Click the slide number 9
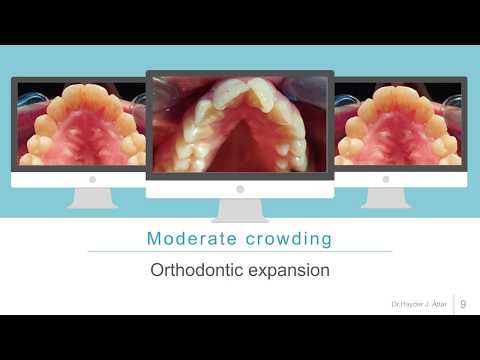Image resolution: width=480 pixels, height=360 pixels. click(463, 304)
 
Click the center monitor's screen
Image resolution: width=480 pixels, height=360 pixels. click(240, 124)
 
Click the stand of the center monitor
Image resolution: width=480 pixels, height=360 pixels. click(240, 209)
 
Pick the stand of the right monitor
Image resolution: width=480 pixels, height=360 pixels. click(385, 197)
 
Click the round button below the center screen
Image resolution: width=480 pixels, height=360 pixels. click(240, 188)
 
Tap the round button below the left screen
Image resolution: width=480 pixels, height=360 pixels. click(92, 179)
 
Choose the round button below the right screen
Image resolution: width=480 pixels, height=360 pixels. click(385, 179)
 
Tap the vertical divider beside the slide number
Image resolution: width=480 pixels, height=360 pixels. click(454, 304)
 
